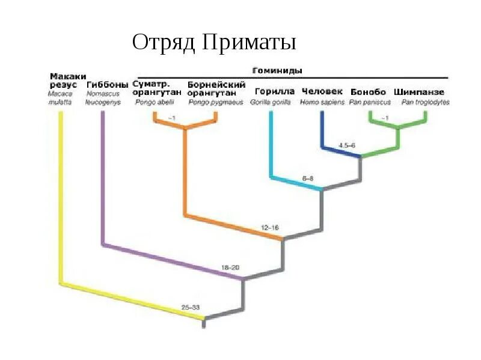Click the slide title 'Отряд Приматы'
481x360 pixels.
[214, 43]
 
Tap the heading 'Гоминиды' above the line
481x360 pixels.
[276, 70]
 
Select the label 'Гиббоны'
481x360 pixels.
[107, 84]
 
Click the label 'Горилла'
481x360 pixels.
[274, 92]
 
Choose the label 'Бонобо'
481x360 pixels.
[367, 92]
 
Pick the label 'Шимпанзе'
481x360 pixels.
[419, 92]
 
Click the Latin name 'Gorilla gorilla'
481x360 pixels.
[270, 102]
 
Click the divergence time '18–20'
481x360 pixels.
[230, 266]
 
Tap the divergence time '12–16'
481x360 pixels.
[270, 228]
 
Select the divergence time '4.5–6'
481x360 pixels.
[348, 145]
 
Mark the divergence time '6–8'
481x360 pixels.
[308, 178]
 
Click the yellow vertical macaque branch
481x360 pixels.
[60, 198]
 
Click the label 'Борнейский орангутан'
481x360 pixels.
[216, 88]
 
